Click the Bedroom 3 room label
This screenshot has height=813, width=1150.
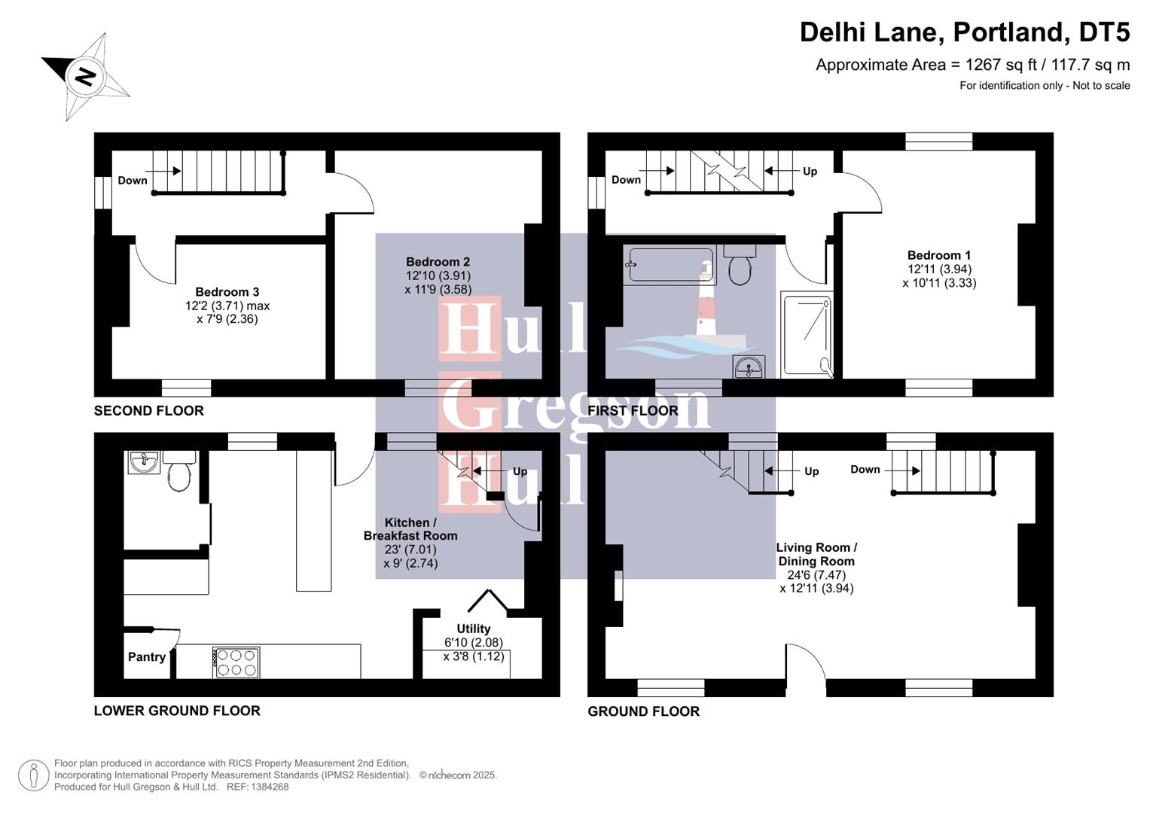227,292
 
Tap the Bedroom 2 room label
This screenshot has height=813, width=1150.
438,262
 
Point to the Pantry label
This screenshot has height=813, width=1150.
147,656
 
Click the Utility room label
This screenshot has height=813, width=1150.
473,629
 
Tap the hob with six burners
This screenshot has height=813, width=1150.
237,662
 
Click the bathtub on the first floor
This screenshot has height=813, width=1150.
671,265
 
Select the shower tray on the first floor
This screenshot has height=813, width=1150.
807,334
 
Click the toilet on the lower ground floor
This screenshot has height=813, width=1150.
179,471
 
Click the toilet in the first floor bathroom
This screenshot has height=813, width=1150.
740,265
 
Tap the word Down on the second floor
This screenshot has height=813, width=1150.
133,180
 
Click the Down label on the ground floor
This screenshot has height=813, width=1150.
865,469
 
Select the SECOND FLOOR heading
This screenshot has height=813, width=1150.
148,410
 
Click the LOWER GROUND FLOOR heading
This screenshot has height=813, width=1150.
177,711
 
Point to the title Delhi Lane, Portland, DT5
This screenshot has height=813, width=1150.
964,32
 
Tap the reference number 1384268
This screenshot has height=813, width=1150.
268,787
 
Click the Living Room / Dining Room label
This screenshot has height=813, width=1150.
816,554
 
